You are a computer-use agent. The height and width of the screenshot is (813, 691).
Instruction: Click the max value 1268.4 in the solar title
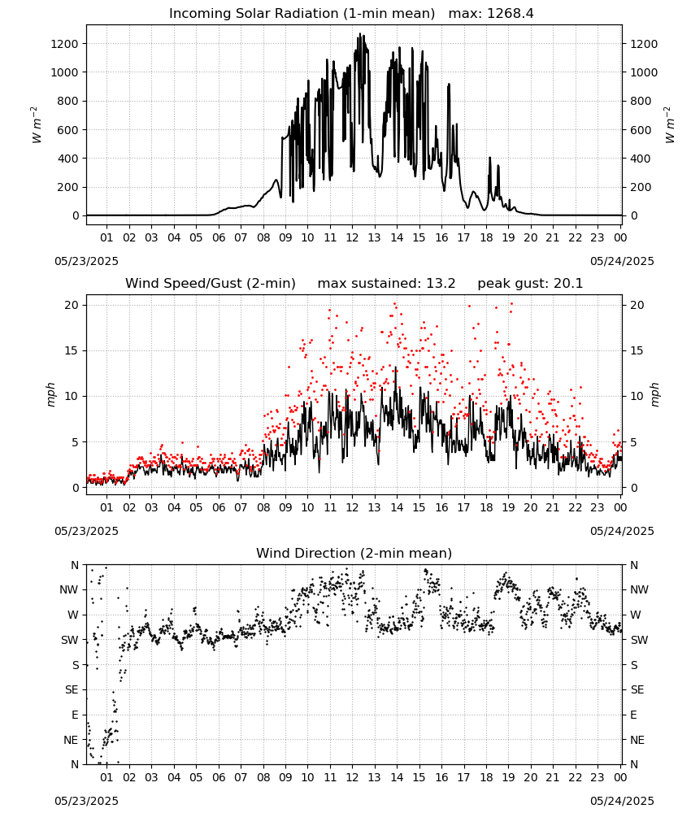(x=510, y=14)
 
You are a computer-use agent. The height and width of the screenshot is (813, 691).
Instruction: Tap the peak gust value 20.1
(x=566, y=284)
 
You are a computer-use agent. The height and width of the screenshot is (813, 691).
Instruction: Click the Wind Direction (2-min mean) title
(x=354, y=553)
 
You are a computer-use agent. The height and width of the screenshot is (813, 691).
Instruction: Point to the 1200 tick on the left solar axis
(x=64, y=44)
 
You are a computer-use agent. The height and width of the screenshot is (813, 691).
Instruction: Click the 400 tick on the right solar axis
(x=641, y=159)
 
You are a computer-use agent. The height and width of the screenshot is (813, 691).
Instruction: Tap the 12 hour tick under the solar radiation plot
(x=352, y=237)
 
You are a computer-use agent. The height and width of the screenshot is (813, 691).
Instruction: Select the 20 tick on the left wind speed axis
(x=72, y=305)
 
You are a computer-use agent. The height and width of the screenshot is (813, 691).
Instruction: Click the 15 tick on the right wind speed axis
(x=637, y=350)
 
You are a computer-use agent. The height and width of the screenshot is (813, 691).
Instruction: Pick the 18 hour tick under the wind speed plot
(x=486, y=507)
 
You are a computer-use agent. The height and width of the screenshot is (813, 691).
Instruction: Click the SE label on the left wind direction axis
(x=72, y=689)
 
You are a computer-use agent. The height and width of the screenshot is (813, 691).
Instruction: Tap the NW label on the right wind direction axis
(x=639, y=589)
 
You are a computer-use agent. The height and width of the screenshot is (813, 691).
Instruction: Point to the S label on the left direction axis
(x=75, y=665)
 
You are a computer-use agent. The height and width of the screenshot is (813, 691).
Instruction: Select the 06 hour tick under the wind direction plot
(x=218, y=777)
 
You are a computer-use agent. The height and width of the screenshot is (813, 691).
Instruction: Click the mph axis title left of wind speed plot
(x=50, y=394)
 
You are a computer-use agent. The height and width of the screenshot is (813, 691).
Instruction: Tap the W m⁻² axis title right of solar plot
(x=670, y=125)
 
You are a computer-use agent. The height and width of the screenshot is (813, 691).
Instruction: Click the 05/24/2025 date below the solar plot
(x=622, y=261)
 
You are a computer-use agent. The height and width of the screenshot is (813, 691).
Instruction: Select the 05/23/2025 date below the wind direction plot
(x=86, y=801)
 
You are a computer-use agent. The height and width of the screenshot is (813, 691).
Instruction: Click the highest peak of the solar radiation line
(x=359, y=33)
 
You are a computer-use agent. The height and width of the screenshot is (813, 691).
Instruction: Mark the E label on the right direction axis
(x=633, y=715)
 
